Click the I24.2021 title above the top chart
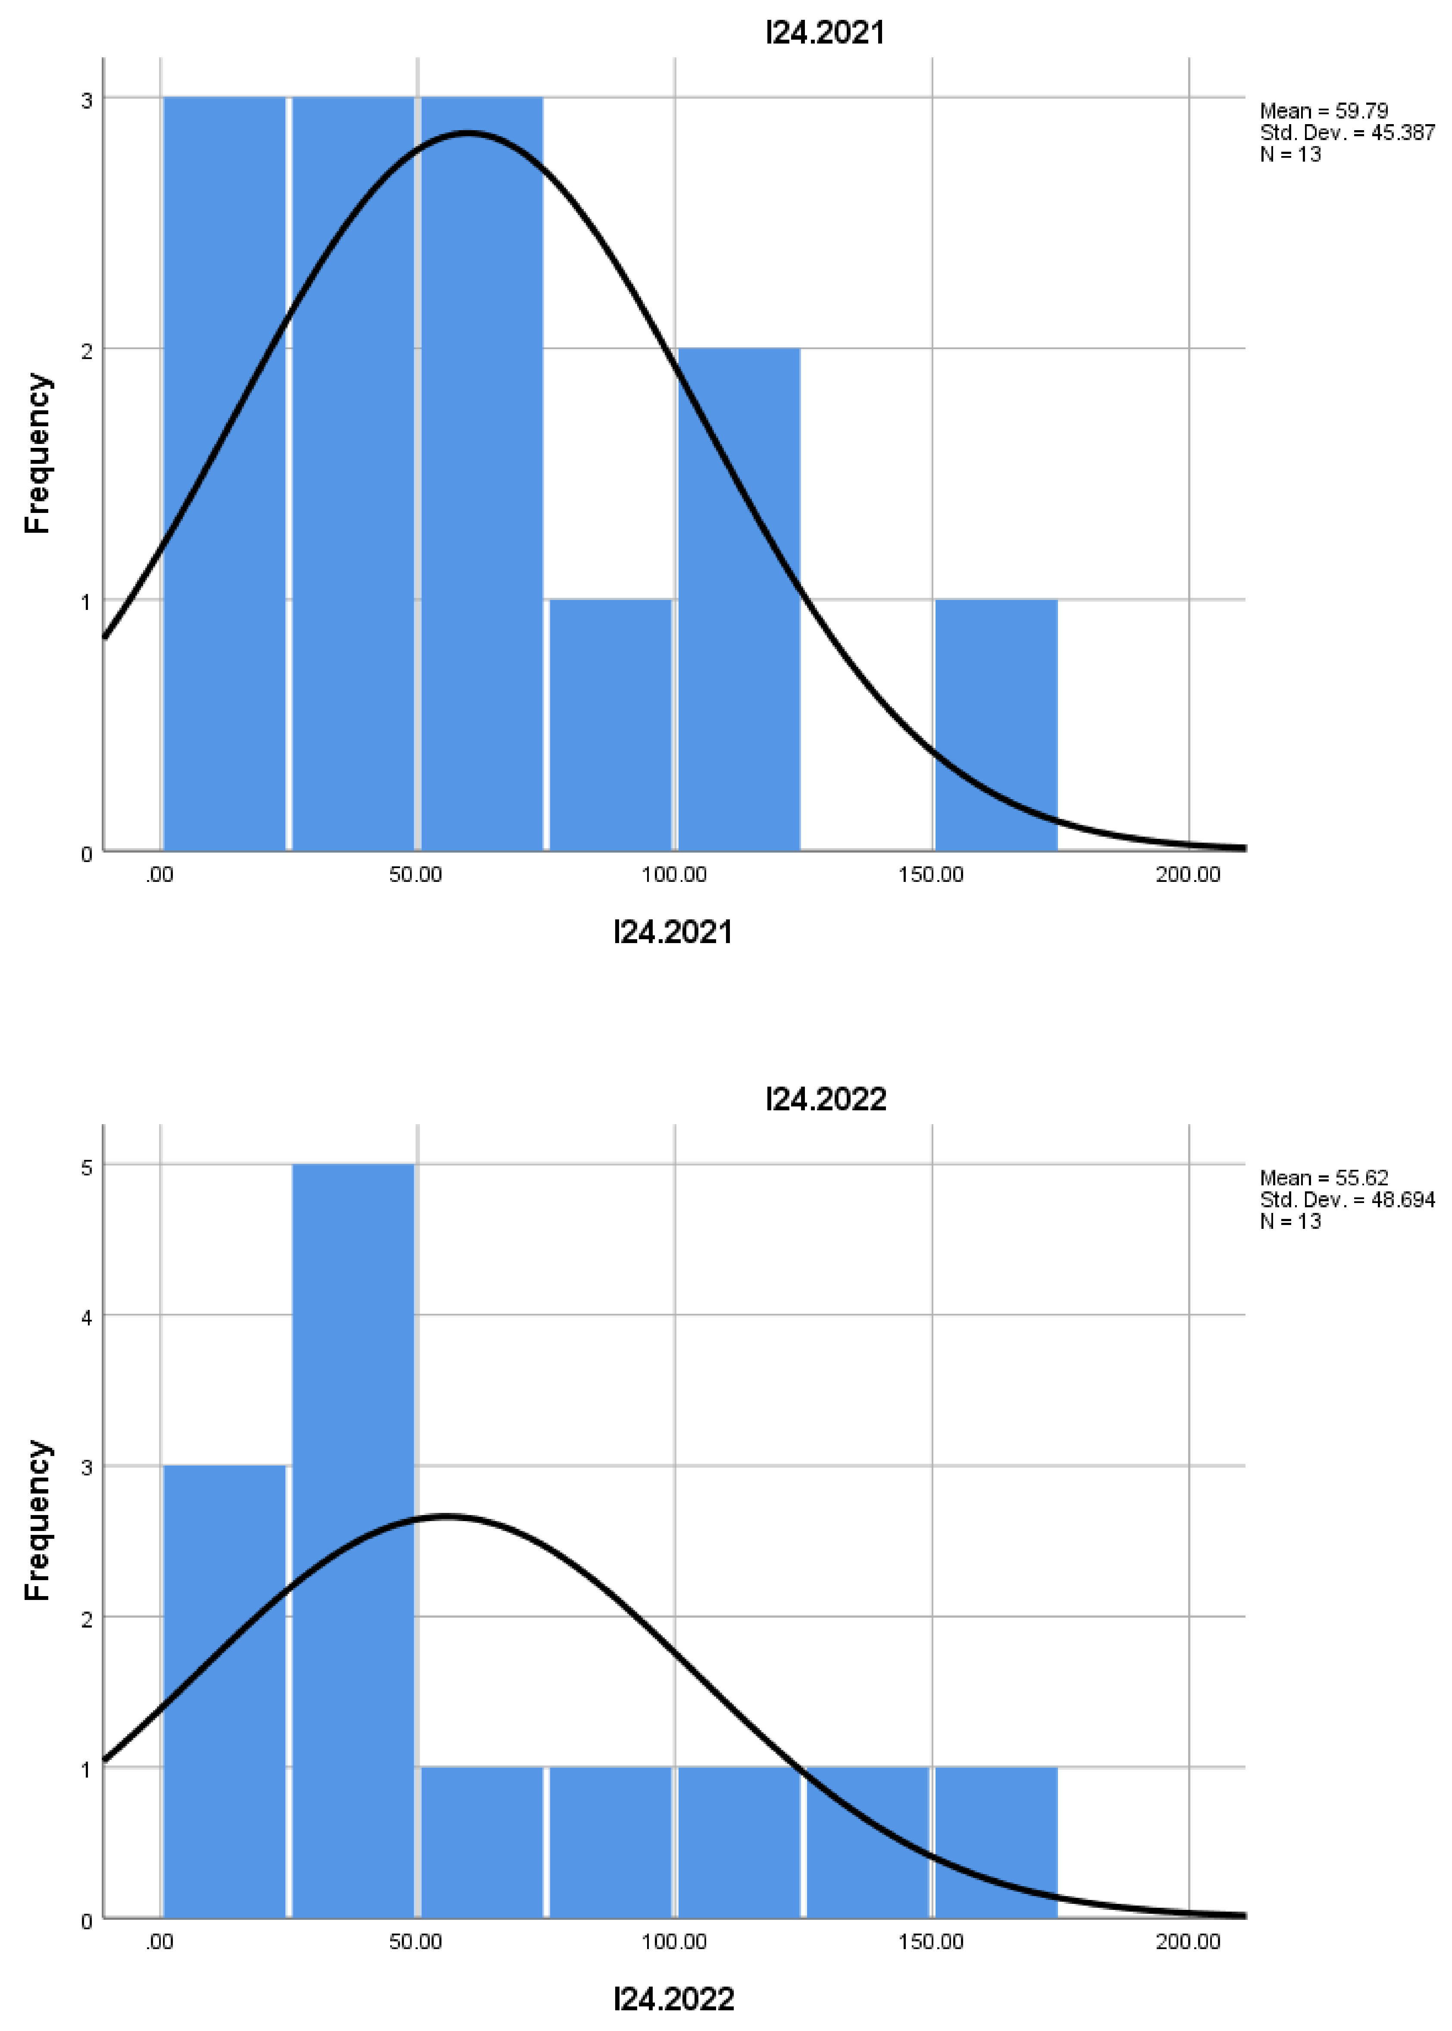824,33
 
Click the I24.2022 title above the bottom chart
824,1099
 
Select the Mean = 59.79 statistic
1323,111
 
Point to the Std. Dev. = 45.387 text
1346,132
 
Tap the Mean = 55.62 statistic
1323,1177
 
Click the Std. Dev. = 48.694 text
1346,1199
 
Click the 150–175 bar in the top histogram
996,724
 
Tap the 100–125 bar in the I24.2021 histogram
739,599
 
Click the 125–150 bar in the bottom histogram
867,1841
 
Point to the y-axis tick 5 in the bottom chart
87,1168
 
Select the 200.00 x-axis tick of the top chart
1187,874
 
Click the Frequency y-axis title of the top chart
38,454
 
